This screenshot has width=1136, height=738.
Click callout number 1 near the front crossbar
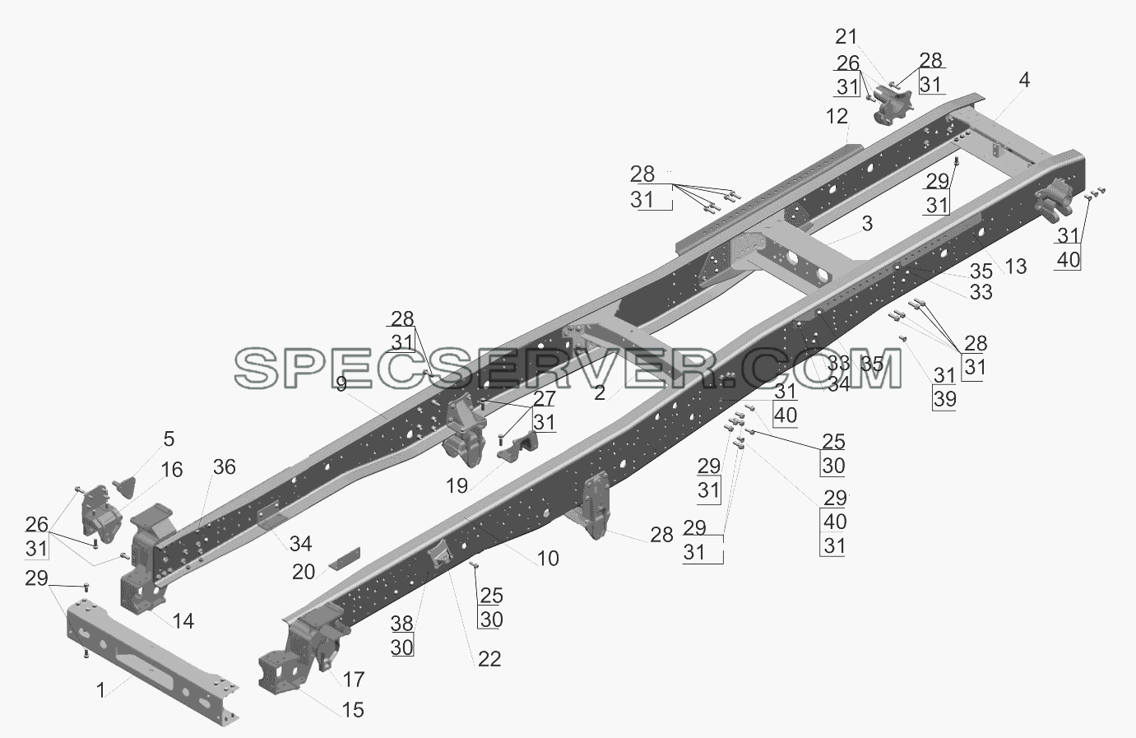pyautogui.click(x=100, y=689)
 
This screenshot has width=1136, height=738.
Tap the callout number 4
pyautogui.click(x=1024, y=80)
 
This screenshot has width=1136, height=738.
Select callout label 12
pyautogui.click(x=837, y=117)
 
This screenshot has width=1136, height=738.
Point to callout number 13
pyautogui.click(x=1015, y=267)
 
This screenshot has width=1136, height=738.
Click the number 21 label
pyautogui.click(x=846, y=36)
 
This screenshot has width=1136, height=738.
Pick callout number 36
pyautogui.click(x=225, y=467)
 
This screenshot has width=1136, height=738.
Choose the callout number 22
pyautogui.click(x=489, y=659)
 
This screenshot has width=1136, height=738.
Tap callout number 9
pyautogui.click(x=341, y=384)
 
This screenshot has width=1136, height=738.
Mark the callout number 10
pyautogui.click(x=548, y=559)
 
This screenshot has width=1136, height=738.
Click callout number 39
pyautogui.click(x=945, y=399)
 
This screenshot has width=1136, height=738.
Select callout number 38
pyautogui.click(x=401, y=624)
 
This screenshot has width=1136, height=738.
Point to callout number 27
pyautogui.click(x=545, y=399)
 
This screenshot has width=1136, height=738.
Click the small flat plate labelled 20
pyautogui.click(x=345, y=558)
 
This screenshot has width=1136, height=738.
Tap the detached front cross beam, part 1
pyautogui.click(x=152, y=663)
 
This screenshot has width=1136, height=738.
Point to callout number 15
pyautogui.click(x=353, y=710)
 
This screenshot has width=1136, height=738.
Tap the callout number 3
pyautogui.click(x=867, y=224)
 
